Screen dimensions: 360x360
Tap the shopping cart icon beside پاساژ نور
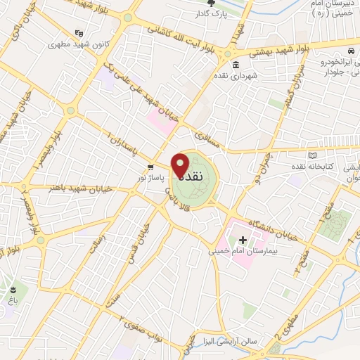point(150,167)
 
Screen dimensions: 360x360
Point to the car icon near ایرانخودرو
point(350,51)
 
